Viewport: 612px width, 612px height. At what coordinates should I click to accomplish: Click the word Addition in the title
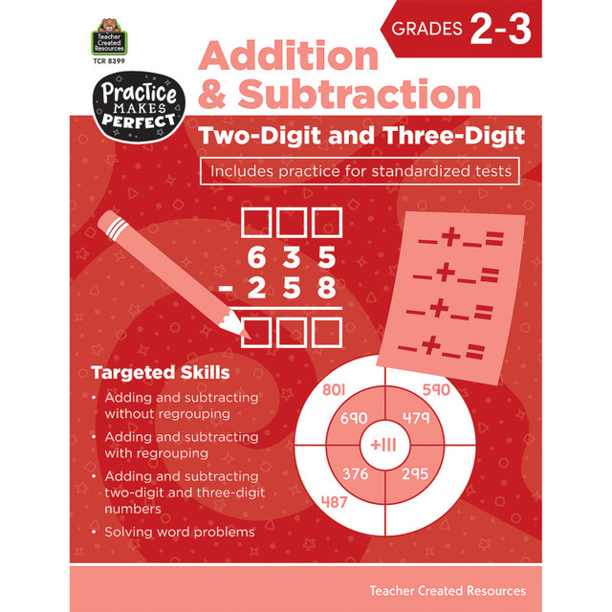(x=288, y=56)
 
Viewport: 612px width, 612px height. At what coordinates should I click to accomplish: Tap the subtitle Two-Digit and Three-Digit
(x=361, y=135)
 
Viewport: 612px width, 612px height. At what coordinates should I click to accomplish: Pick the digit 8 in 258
(x=327, y=289)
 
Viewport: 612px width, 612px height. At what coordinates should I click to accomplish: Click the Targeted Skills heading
(x=160, y=371)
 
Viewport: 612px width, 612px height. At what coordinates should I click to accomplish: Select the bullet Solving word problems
(x=180, y=532)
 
